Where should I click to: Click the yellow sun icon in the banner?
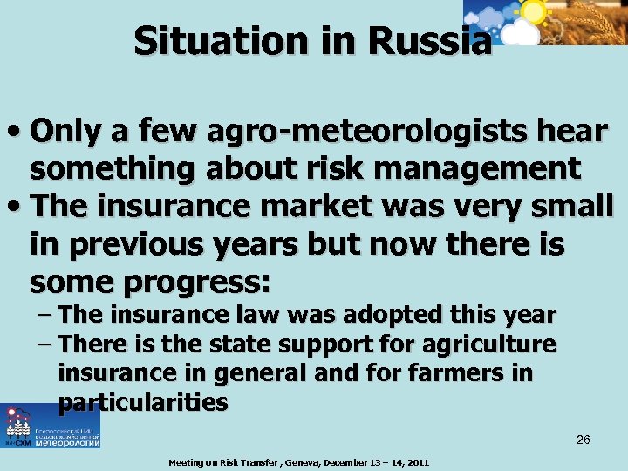tap(532, 11)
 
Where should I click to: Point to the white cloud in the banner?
tap(522, 33)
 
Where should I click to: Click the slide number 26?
tap(583, 440)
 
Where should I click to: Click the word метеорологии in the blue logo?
tap(65, 443)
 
